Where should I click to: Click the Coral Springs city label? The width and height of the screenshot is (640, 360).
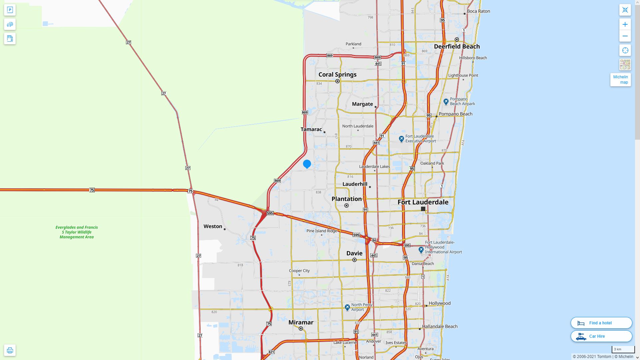pos(337,74)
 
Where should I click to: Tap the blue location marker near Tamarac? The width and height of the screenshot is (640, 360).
pos(307,164)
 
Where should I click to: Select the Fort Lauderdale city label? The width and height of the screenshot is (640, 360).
pos(423,202)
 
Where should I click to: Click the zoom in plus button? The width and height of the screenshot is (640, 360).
pos(625,24)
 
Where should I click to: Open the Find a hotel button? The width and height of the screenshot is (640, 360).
pos(601,323)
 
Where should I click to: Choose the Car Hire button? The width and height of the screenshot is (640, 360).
pos(601,336)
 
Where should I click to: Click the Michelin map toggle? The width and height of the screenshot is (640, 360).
pos(620,80)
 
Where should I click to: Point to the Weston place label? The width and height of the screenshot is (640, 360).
pos(213,226)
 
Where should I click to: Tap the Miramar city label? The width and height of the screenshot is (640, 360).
pos(301,322)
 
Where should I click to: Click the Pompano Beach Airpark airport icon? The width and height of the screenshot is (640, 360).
pos(446,101)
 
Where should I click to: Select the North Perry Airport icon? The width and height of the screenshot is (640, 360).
pos(347,307)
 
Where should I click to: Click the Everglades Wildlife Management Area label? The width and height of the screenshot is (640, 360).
pos(77,232)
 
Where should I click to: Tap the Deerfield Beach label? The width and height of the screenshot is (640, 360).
pos(457,46)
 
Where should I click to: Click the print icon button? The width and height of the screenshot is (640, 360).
pos(10,350)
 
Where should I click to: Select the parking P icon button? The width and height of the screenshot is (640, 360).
pos(10,10)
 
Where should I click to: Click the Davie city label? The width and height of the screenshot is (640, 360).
pos(354,253)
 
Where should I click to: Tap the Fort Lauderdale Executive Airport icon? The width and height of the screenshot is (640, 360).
pos(401,138)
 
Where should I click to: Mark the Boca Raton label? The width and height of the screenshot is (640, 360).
pos(478,11)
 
